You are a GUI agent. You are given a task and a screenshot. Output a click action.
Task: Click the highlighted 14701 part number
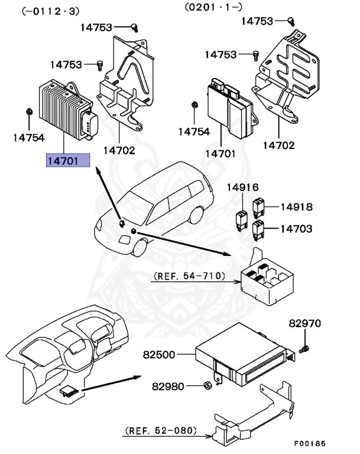pos(68,161)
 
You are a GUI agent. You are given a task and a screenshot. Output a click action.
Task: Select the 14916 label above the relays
pos(243,188)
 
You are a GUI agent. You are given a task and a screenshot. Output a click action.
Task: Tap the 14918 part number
pos(296,207)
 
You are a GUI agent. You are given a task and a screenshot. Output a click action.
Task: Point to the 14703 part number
pos(296,229)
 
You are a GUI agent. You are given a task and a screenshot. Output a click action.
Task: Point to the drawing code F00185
pos(310,443)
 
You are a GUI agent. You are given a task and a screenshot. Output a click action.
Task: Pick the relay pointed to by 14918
pos(258,207)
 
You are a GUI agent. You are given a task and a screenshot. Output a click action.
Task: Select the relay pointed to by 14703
pos(257,228)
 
